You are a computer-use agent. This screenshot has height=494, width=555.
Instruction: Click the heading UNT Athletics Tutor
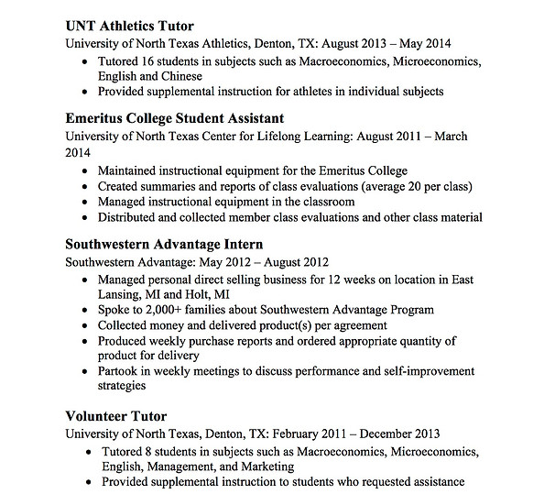click(130, 26)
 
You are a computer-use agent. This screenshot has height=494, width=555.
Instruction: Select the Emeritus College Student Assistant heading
click(175, 118)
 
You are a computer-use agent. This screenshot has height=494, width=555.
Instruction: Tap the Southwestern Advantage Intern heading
click(165, 245)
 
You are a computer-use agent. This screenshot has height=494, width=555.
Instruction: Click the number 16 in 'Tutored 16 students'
click(151, 60)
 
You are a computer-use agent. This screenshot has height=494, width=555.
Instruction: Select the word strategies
click(125, 387)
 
